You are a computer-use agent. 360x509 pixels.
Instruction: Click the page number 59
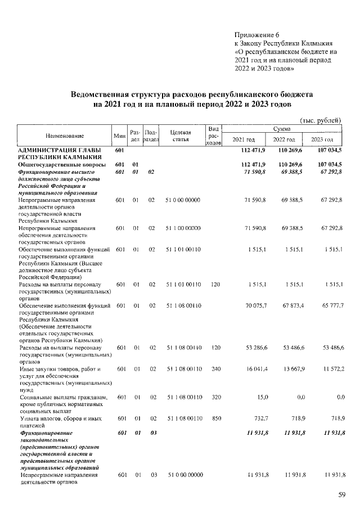click(x=341, y=495)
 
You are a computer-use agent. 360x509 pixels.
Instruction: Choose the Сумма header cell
click(x=283, y=129)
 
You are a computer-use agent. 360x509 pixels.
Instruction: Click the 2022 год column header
click(x=284, y=139)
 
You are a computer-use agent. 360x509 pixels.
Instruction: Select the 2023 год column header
click(x=322, y=139)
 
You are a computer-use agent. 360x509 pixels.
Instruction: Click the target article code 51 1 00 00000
click(x=182, y=228)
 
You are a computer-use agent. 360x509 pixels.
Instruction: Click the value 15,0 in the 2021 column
click(x=259, y=397)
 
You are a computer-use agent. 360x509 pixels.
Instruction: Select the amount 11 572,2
click(x=330, y=369)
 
